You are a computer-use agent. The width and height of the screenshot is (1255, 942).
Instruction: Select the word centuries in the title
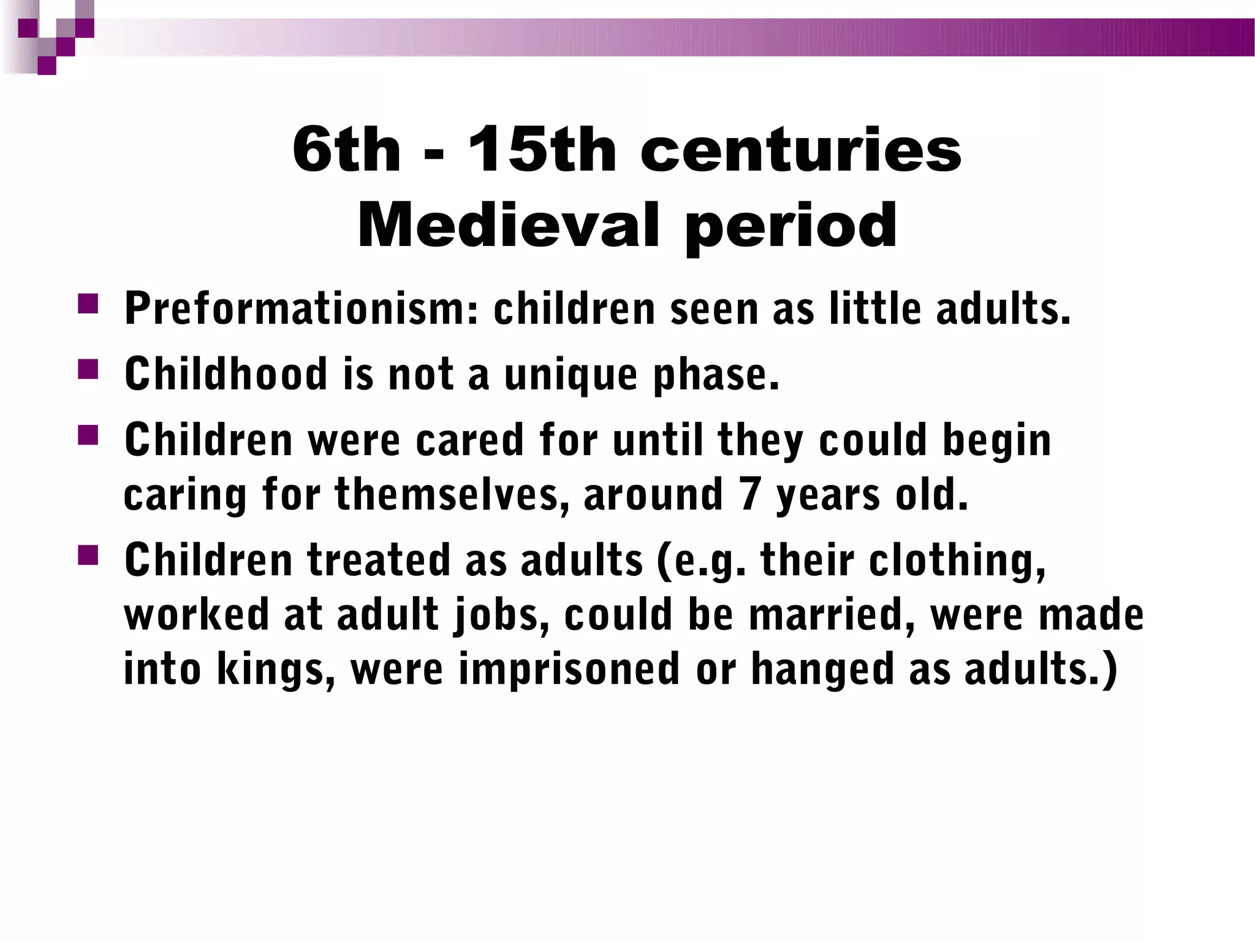pos(801,150)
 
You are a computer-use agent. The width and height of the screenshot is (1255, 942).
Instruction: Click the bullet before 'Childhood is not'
pos(88,369)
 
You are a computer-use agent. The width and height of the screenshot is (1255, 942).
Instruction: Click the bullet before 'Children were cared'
pos(88,435)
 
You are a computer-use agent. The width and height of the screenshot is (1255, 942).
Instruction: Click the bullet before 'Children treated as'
pos(88,556)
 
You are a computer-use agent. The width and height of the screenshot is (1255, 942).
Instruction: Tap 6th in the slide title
pos(346,150)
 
